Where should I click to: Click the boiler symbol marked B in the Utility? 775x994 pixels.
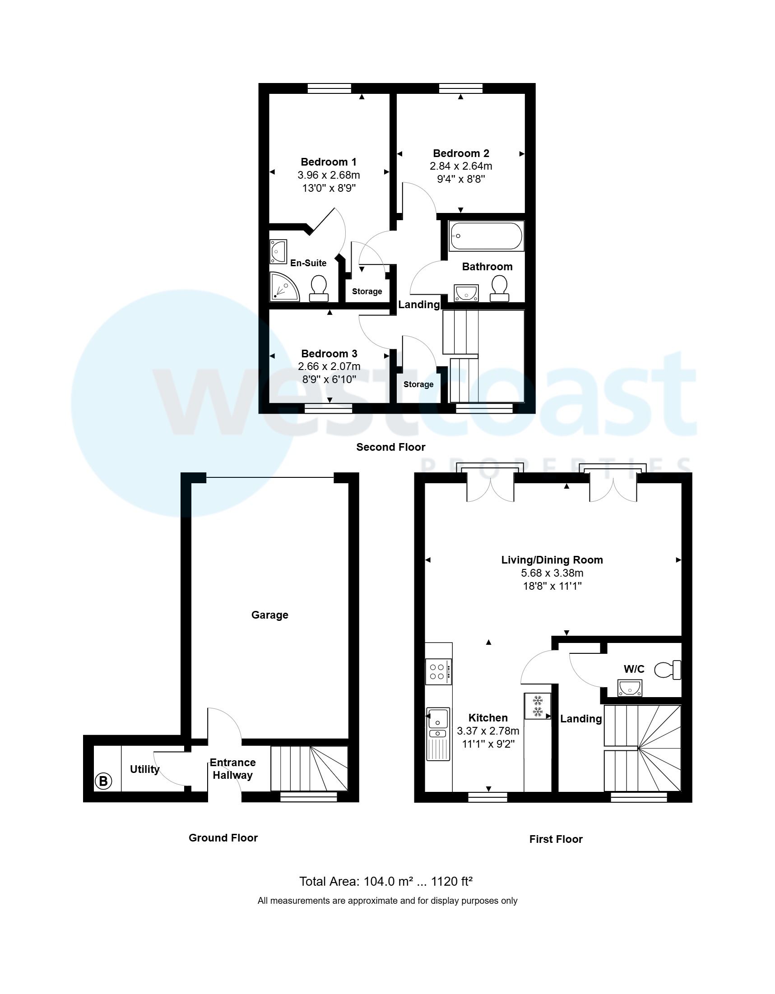pos(103,781)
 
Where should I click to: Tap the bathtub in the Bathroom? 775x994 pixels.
pos(486,236)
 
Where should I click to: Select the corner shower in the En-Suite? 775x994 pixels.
pos(283,287)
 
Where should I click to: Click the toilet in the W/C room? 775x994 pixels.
pos(668,670)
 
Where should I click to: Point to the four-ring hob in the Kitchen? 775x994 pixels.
pos(438,672)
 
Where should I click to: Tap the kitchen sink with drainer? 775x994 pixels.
pos(438,734)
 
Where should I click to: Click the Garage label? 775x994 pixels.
pos(269,615)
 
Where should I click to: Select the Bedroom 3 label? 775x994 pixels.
pos(329,354)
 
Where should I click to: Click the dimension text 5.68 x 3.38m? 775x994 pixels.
pos(552,573)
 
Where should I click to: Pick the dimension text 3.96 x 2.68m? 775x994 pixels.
pos(328,175)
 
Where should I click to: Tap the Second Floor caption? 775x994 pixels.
pos(390,447)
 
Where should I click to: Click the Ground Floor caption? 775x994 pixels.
pos(223,838)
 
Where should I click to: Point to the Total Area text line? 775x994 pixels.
pos(385,882)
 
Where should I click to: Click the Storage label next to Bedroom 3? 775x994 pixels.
pos(418,384)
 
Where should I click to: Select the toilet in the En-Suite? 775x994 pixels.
pos(319,289)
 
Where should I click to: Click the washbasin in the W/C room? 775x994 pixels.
pos(630,688)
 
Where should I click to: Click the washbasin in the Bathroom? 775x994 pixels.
pos(466,293)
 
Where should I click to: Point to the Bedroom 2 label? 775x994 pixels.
pos(461,153)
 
